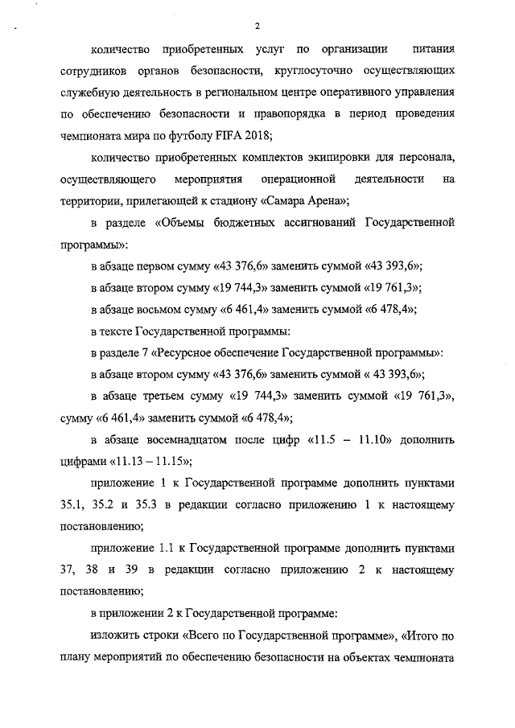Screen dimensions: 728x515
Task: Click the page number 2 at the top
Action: point(256,27)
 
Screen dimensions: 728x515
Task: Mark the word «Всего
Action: point(202,635)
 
